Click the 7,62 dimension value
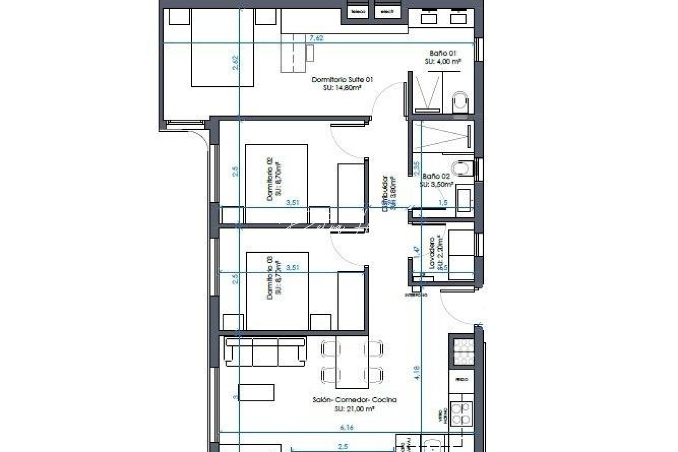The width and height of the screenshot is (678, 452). [316, 39]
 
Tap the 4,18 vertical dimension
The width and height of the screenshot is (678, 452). [416, 373]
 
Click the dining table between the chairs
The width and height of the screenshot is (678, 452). [352, 362]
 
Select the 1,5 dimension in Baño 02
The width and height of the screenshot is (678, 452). [443, 203]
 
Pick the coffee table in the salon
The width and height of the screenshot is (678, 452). [256, 393]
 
